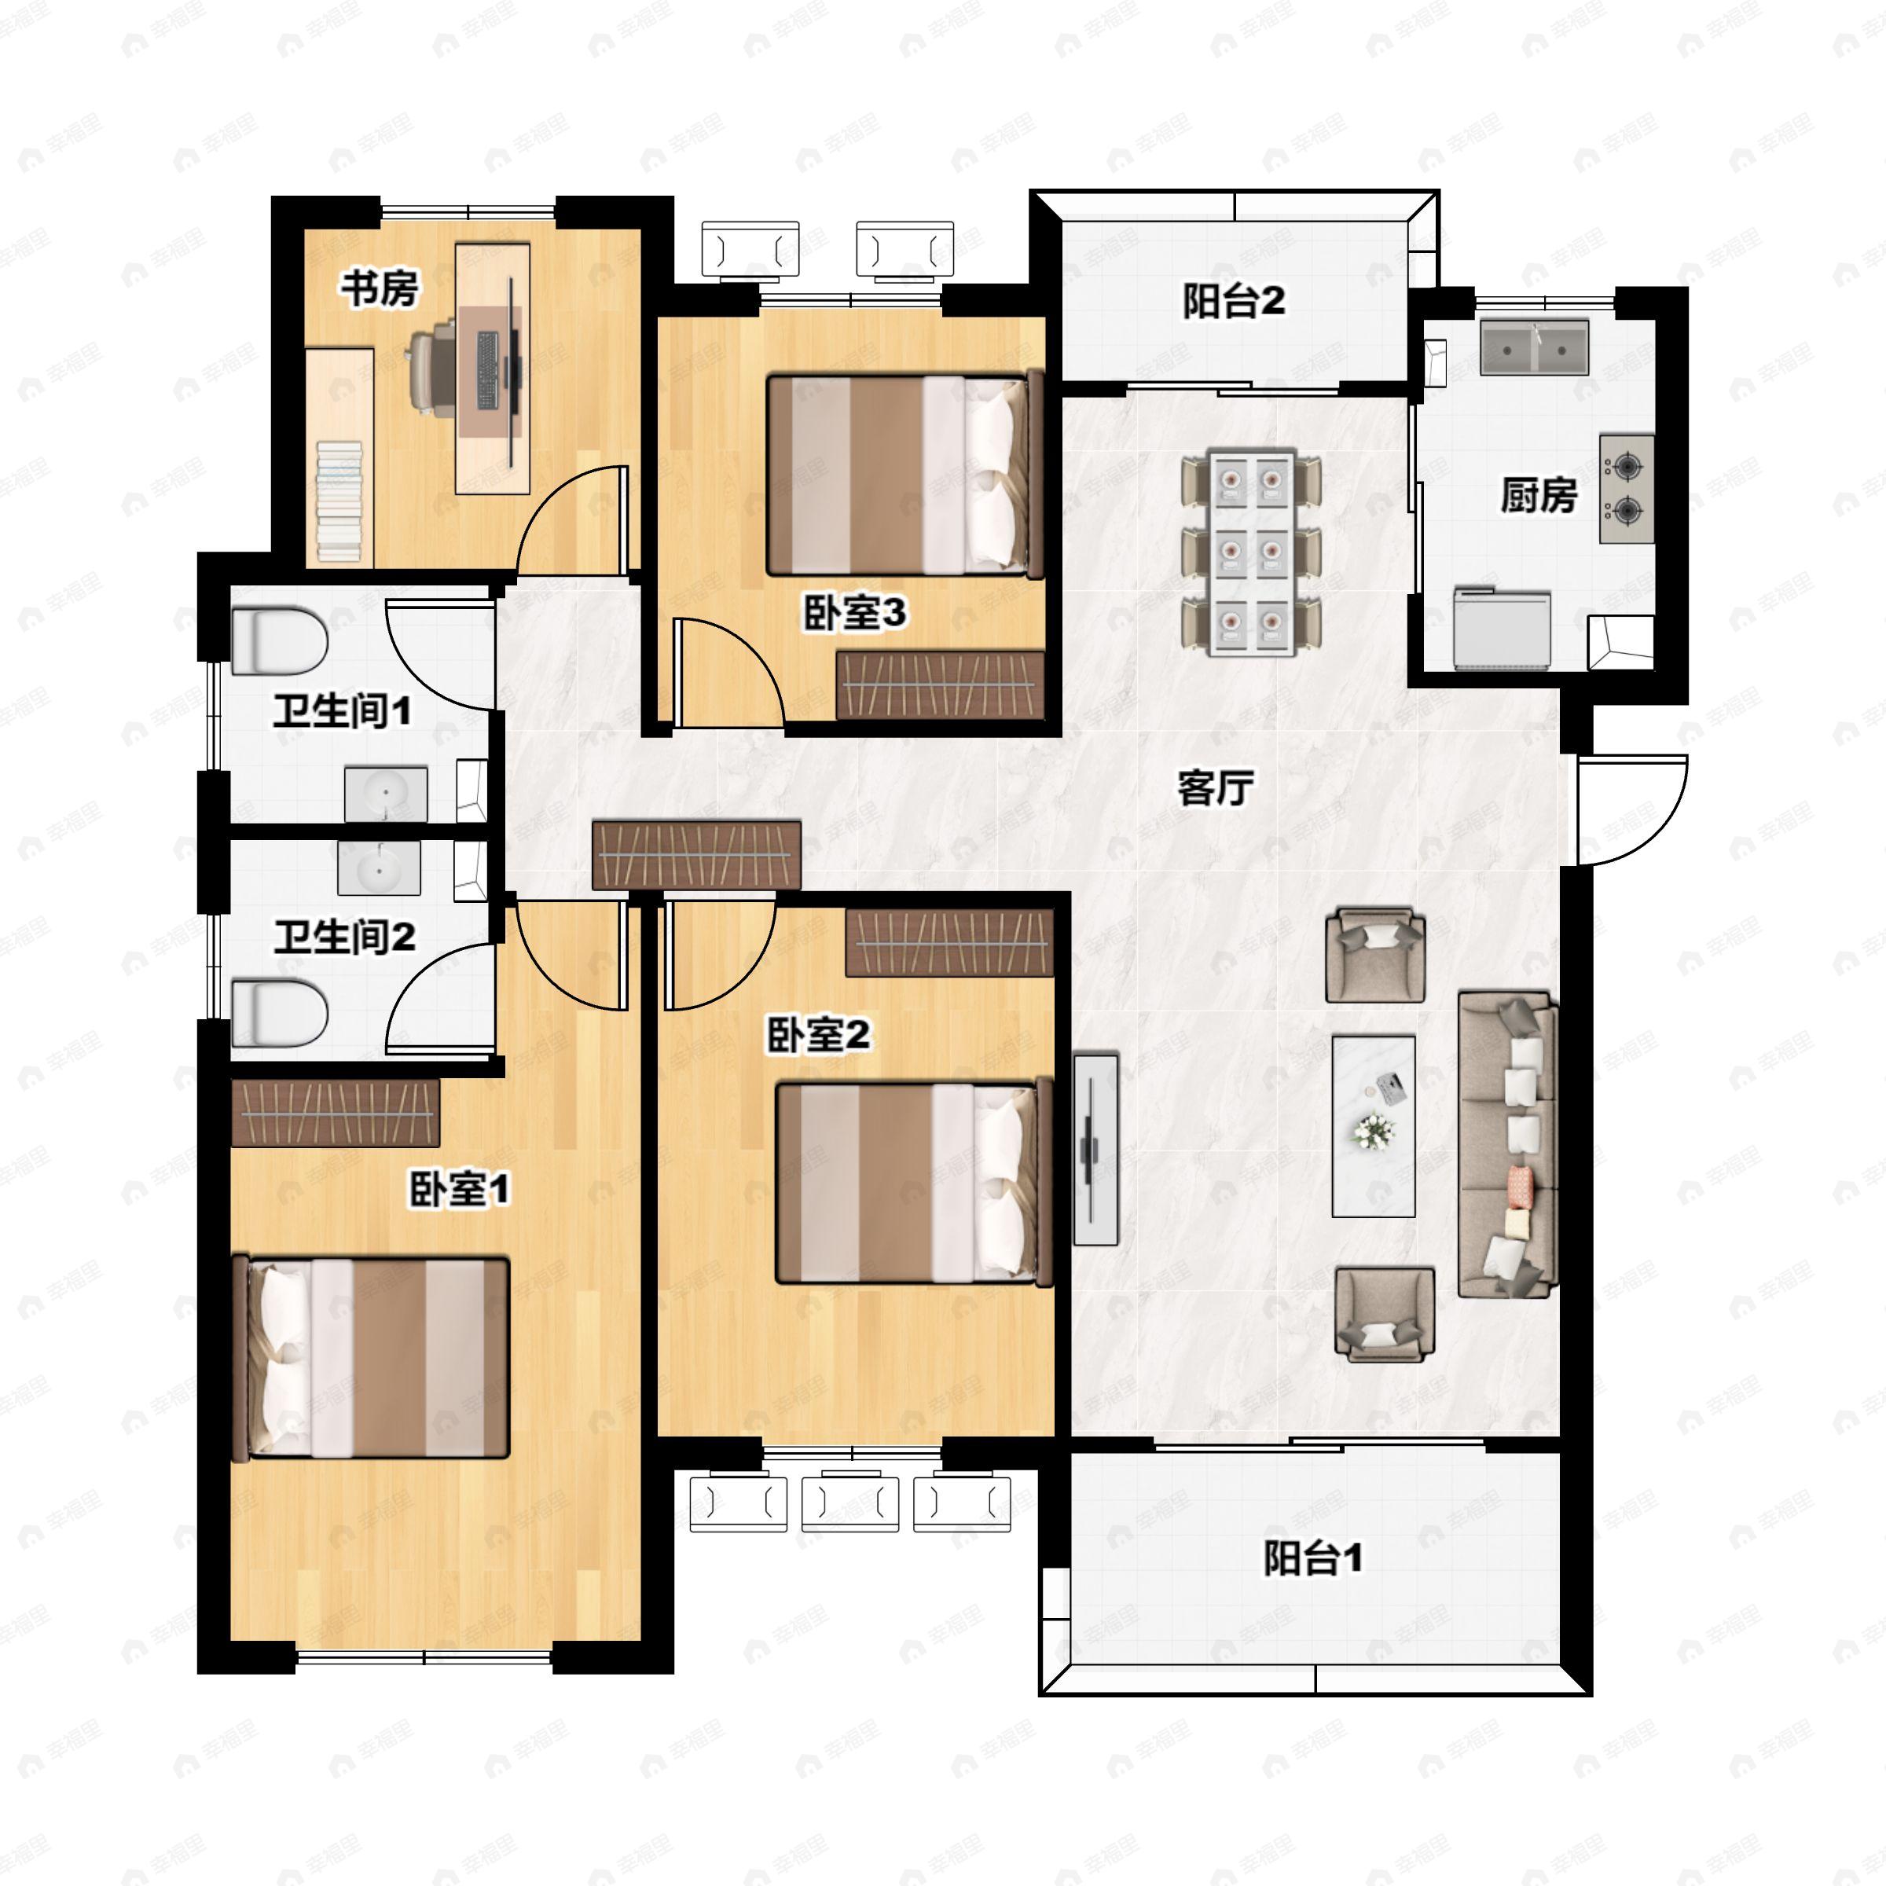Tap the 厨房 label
coord(1539,496)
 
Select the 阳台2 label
coord(1234,302)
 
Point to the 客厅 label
coord(1216,787)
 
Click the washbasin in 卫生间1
coord(387,794)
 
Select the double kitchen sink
coord(1534,347)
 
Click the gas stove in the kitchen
coord(1627,488)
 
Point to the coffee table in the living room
coord(1374,1125)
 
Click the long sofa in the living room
coord(1506,1144)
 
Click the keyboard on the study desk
coord(488,370)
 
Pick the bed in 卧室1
coord(373,1358)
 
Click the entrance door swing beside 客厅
coord(1631,810)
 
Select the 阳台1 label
coord(1312,1558)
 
